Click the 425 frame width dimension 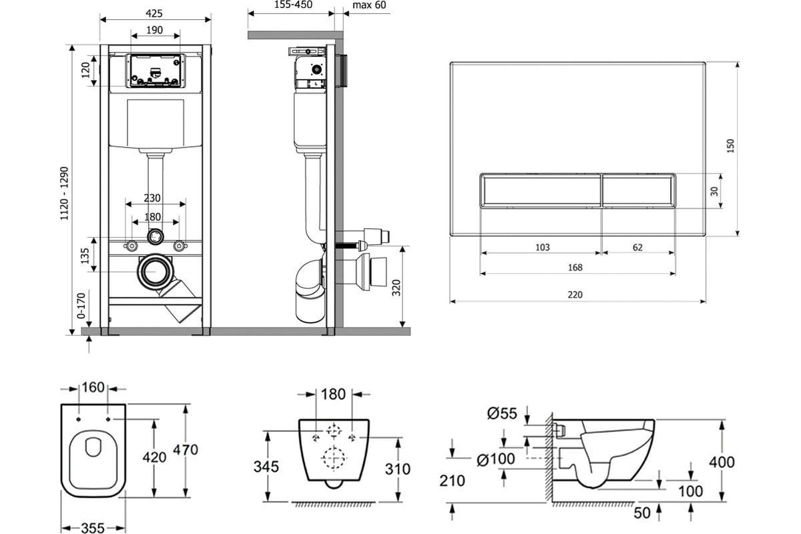click(x=154, y=13)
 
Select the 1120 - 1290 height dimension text click(x=64, y=193)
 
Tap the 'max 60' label click(x=369, y=5)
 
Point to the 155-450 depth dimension click(x=293, y=5)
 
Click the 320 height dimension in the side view click(x=396, y=288)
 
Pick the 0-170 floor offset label click(x=81, y=306)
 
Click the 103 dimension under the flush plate click(x=543, y=248)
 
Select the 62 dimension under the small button click(x=637, y=248)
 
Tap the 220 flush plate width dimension click(x=575, y=295)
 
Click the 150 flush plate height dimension click(x=730, y=146)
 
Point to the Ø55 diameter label click(x=502, y=413)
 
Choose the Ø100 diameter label click(x=495, y=459)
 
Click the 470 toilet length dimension click(x=186, y=450)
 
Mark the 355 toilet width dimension click(x=93, y=528)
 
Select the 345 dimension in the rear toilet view click(x=266, y=467)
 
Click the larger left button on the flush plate click(x=540, y=191)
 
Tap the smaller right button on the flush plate click(x=639, y=191)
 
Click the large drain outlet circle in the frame click(x=156, y=272)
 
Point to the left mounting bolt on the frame click(x=131, y=246)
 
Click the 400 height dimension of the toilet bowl click(x=722, y=462)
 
